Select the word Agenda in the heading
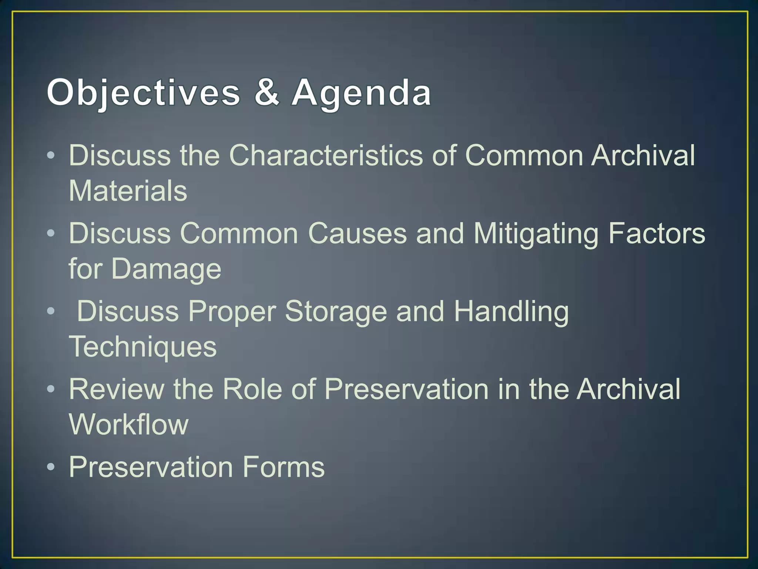tap(361, 93)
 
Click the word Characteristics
tap(326, 155)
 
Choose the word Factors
tap(657, 233)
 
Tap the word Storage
tap(336, 312)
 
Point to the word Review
tap(117, 389)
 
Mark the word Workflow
tap(129, 424)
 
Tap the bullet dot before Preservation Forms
tap(51, 466)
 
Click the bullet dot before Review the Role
tap(51, 389)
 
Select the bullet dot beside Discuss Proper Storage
tap(51, 311)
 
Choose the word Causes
tap(357, 233)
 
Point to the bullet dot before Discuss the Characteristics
tap(51, 155)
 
